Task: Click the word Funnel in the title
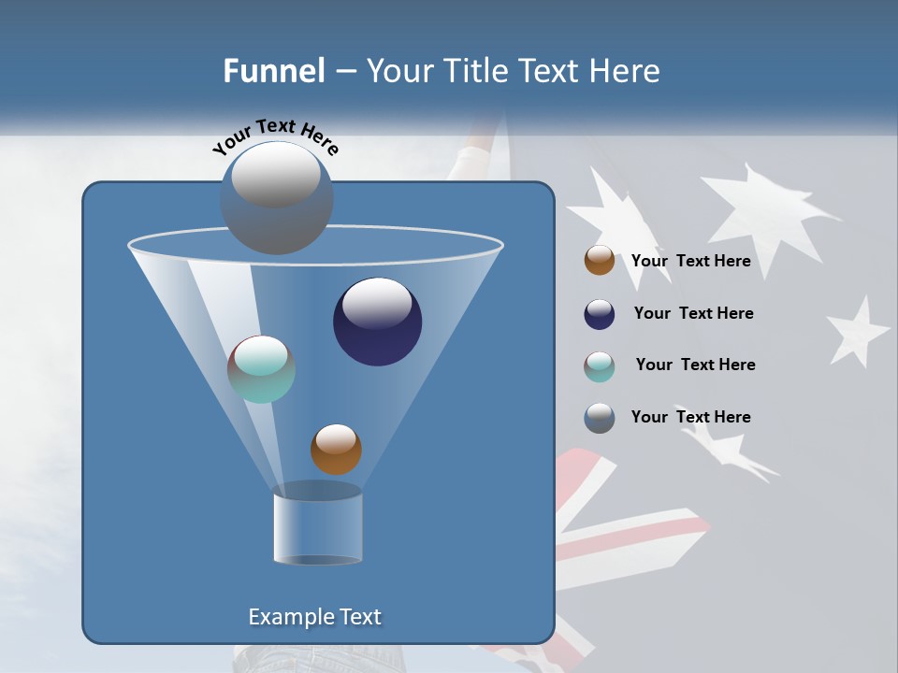point(274,71)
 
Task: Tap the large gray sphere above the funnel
point(276,198)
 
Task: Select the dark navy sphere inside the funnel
point(378,322)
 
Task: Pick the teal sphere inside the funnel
point(261,369)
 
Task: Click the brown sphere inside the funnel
point(336,450)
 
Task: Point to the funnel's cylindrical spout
point(317,527)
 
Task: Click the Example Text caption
point(314,617)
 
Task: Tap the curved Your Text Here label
point(275,136)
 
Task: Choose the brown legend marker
point(600,261)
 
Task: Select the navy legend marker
point(600,314)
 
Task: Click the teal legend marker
point(600,366)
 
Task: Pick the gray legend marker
point(600,418)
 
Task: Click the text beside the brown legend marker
point(690,262)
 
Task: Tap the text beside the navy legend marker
point(693,314)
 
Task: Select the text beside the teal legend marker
point(695,365)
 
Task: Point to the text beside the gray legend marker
point(690,417)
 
